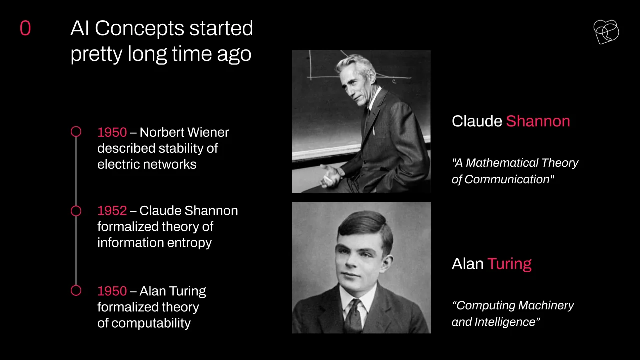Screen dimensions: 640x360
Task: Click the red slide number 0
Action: [x=25, y=28]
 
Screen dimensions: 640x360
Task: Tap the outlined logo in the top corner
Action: [x=606, y=32]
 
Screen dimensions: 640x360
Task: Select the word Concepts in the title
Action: [x=139, y=28]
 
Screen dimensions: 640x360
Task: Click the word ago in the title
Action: [x=234, y=54]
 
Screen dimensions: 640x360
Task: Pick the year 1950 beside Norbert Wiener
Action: [x=112, y=132]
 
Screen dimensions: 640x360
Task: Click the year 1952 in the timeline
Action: [x=112, y=211]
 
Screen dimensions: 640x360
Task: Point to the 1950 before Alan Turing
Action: [x=112, y=291]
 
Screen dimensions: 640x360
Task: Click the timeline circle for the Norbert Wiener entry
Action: [x=76, y=127]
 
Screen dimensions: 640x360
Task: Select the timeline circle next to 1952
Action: [x=76, y=206]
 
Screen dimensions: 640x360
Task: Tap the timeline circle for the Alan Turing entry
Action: [x=76, y=285]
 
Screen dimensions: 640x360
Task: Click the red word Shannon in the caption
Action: [x=538, y=121]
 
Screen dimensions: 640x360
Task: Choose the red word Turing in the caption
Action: [x=509, y=264]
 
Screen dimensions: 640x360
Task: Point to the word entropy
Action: [x=189, y=243]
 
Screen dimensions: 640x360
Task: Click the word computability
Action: [x=151, y=323]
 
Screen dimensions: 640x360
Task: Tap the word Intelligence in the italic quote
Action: [x=507, y=322]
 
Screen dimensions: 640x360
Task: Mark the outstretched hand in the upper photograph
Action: [x=331, y=175]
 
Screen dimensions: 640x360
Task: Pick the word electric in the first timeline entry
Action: [x=119, y=164]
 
